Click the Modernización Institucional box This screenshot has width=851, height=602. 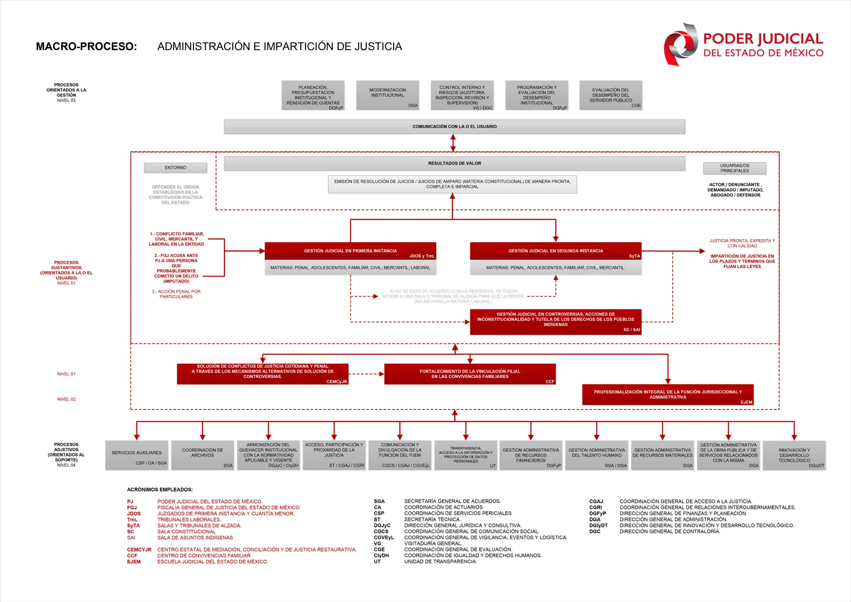click(387, 94)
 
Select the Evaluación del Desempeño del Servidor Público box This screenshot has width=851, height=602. click(610, 94)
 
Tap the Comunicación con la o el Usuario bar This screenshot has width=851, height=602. click(454, 126)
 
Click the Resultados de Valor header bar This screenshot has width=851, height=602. click(454, 163)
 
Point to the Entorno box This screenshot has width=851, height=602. click(175, 168)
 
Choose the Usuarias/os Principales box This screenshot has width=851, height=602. click(734, 168)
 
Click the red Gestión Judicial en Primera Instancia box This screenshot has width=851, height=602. click(350, 251)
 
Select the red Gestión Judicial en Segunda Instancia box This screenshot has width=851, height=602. click(555, 251)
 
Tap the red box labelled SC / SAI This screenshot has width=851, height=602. click(555, 322)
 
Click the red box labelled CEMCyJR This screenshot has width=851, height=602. click(262, 374)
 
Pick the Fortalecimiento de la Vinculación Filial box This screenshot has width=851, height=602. click(470, 374)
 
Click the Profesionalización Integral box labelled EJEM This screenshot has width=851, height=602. click(668, 394)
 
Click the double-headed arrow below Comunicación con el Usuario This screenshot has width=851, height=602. click(453, 143)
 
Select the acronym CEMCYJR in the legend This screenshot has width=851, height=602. click(139, 550)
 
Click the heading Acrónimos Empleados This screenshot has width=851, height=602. click(160, 490)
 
